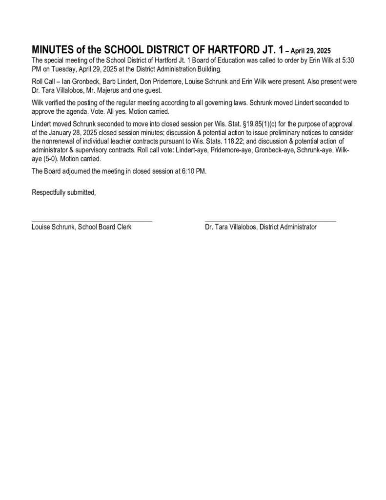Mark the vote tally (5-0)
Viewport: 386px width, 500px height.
(x=50, y=159)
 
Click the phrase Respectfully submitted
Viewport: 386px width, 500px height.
(x=63, y=192)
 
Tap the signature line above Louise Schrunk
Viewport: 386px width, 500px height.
(x=92, y=222)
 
